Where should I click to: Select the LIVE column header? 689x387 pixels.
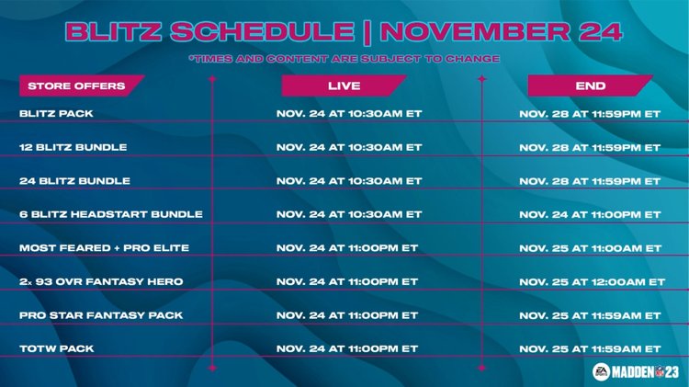344,85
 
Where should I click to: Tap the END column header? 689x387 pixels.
590,85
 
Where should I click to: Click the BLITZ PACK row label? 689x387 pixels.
56,114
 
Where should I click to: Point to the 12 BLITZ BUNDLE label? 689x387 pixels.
73,147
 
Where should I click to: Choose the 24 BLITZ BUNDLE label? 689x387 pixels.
74,181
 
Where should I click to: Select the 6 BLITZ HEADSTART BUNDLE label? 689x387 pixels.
110,214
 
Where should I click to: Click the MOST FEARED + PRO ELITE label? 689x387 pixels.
103,248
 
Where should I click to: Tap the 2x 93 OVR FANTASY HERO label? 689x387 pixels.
101,281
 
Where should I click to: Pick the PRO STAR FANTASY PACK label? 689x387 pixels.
101,315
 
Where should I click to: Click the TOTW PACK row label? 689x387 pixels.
56,349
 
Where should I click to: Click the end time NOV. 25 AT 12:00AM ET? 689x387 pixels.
592,281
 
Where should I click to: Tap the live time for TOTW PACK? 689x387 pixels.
347,349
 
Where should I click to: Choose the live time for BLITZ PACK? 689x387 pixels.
349,114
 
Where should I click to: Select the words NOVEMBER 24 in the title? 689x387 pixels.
501,31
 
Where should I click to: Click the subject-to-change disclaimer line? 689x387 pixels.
344,59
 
